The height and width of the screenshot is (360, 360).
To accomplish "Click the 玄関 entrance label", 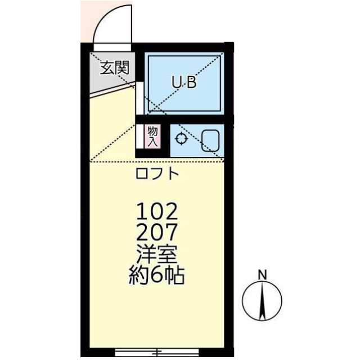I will point(115,69).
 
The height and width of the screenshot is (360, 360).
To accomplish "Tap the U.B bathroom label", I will point(184,83).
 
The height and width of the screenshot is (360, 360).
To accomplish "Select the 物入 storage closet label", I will point(152,137).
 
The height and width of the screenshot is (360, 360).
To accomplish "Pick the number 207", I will point(157,232).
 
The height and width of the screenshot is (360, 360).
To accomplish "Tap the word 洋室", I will point(157,254).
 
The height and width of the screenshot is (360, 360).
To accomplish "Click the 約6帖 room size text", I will point(157,276).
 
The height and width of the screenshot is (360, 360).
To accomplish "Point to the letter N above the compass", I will point(262,274).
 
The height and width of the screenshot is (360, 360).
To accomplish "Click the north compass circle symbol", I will point(262,300).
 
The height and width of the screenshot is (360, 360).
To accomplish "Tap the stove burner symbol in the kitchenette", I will point(182,139).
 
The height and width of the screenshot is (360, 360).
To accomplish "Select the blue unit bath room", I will point(184,83).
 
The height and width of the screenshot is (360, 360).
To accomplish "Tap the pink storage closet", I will point(152,137).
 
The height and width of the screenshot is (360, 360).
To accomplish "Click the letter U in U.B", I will point(175,83).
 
